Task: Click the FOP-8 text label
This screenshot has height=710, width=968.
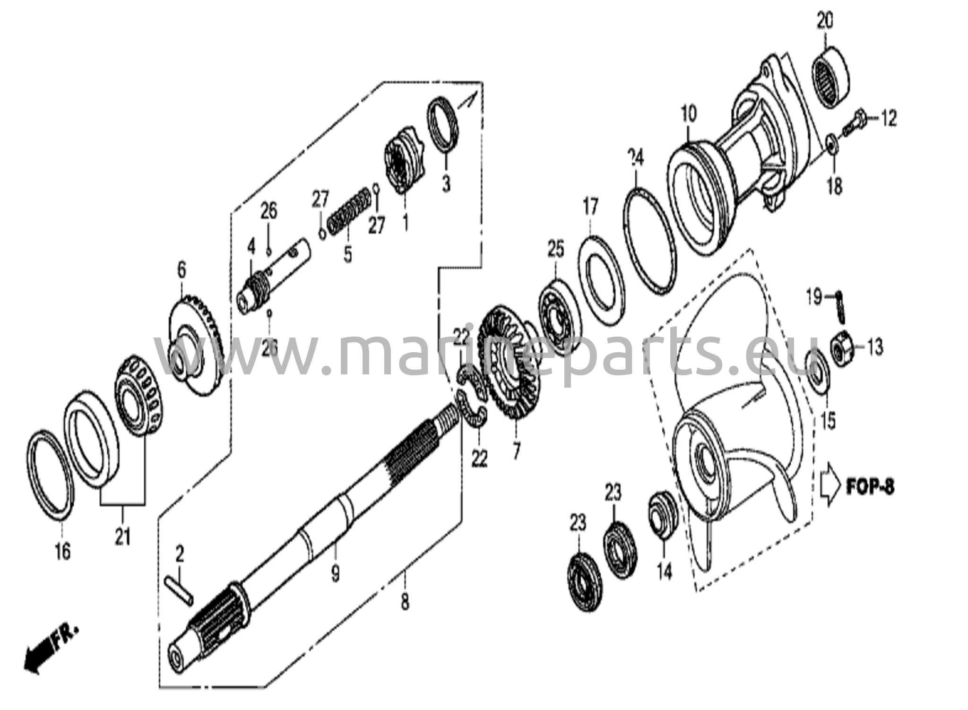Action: click(870, 487)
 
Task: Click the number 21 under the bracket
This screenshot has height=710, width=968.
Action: click(123, 537)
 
